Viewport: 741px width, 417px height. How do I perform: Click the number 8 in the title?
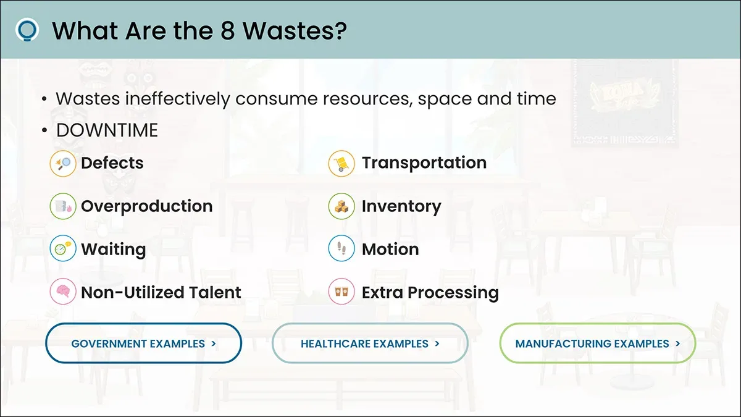click(x=227, y=31)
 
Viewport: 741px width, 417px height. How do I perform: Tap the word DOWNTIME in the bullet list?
click(x=107, y=130)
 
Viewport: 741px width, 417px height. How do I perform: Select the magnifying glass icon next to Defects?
click(x=63, y=164)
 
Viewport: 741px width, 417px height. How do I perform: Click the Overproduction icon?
click(x=63, y=206)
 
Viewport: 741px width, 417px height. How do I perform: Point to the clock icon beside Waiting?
click(x=63, y=248)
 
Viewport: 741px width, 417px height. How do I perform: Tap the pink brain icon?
click(x=63, y=292)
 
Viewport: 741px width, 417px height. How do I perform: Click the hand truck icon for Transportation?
click(x=341, y=164)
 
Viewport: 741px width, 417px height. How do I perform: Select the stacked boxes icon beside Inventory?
click(x=341, y=206)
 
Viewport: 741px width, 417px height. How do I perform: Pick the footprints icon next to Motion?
click(x=341, y=248)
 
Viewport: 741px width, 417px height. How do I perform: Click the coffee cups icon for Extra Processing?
click(x=341, y=292)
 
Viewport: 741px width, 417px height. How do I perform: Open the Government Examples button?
click(x=143, y=343)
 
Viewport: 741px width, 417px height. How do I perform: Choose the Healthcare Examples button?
click(x=370, y=343)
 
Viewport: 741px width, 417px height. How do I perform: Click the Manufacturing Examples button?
click(x=598, y=343)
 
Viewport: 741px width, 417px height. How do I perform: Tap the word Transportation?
click(x=424, y=162)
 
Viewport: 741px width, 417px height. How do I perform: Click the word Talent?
click(x=215, y=292)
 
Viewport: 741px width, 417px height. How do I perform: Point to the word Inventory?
click(x=401, y=207)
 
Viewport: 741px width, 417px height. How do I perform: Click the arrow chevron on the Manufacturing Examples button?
click(x=678, y=343)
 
